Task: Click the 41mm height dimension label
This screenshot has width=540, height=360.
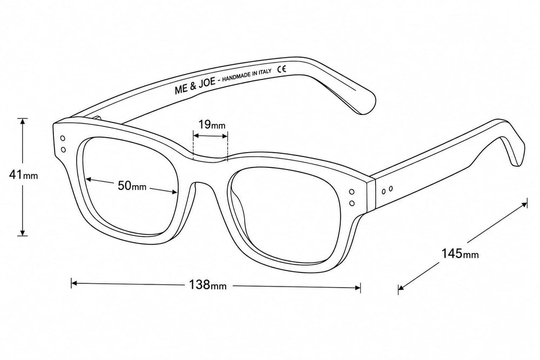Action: pyautogui.click(x=23, y=175)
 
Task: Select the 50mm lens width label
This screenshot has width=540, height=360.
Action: pyautogui.click(x=132, y=186)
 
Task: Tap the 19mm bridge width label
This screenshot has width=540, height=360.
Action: pyautogui.click(x=212, y=124)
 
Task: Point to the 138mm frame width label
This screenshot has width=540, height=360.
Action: pyautogui.click(x=208, y=284)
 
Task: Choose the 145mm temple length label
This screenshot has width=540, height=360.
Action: pyautogui.click(x=460, y=254)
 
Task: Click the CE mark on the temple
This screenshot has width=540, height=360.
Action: pyautogui.click(x=282, y=69)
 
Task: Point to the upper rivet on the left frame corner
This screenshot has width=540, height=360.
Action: pyautogui.click(x=63, y=138)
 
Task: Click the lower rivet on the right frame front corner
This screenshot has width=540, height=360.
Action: pyautogui.click(x=352, y=203)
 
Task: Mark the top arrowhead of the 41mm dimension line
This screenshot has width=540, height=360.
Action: pyautogui.click(x=23, y=121)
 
